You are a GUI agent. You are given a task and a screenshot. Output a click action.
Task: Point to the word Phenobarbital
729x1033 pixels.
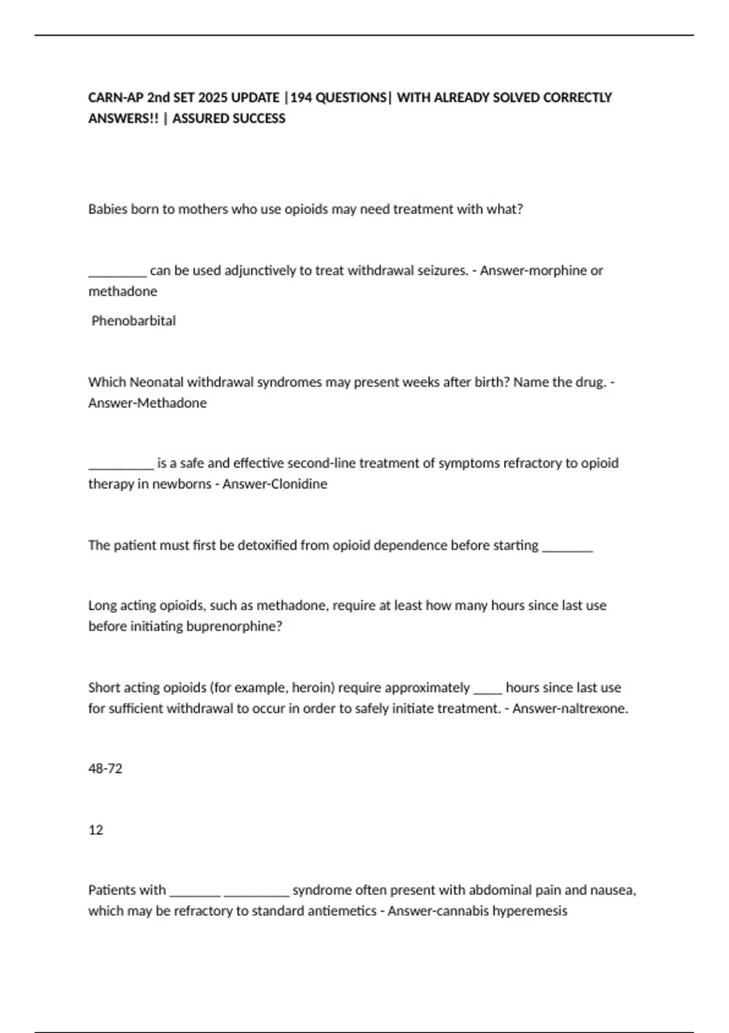tap(134, 321)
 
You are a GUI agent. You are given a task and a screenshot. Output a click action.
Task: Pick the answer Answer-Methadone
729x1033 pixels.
tap(147, 403)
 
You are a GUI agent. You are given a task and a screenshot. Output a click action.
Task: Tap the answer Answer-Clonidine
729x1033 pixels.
tap(275, 484)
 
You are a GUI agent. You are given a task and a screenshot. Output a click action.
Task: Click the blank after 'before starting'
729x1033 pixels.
tap(567, 547)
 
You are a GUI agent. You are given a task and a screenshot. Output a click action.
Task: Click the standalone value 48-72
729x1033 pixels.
tap(105, 769)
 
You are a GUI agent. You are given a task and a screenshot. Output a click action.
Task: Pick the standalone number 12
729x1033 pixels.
tap(96, 830)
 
